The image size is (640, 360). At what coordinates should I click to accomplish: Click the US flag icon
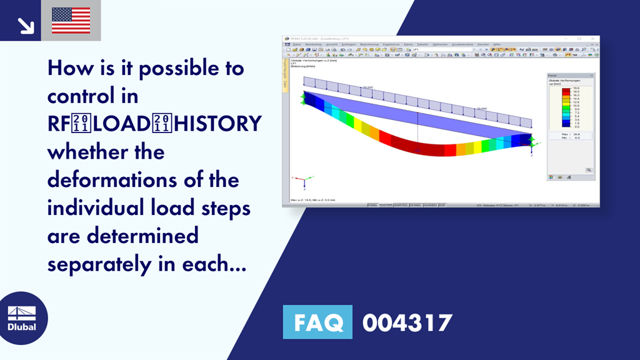point(71,20)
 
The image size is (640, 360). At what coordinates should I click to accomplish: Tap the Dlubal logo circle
point(21,319)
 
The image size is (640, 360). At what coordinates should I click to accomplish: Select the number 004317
point(407,322)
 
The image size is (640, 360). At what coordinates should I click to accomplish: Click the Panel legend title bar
point(569,76)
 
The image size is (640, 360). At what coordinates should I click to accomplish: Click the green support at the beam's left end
point(303,97)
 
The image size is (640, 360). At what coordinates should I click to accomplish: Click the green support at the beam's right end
point(532,142)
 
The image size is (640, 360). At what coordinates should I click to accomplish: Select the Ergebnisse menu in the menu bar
point(391,44)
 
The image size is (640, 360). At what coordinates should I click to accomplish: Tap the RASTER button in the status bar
point(386,204)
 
